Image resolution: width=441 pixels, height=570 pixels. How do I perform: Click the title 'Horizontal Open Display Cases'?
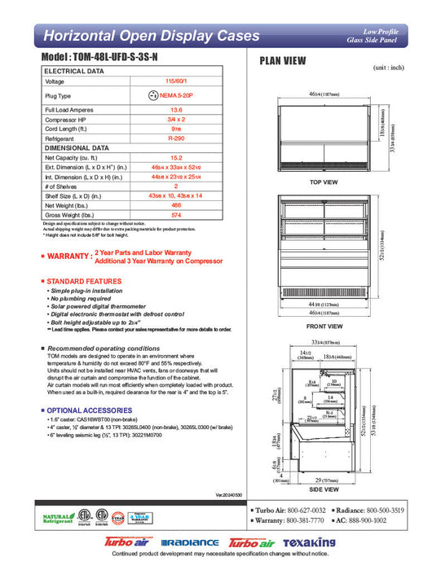[x=151, y=36]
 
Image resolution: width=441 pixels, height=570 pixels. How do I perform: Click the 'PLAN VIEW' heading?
[x=283, y=60]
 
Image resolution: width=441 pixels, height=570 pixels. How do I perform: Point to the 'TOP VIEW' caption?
[x=324, y=182]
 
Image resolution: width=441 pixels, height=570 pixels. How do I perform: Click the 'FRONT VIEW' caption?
[x=324, y=325]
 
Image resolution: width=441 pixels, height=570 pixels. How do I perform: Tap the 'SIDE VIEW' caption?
[x=324, y=489]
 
